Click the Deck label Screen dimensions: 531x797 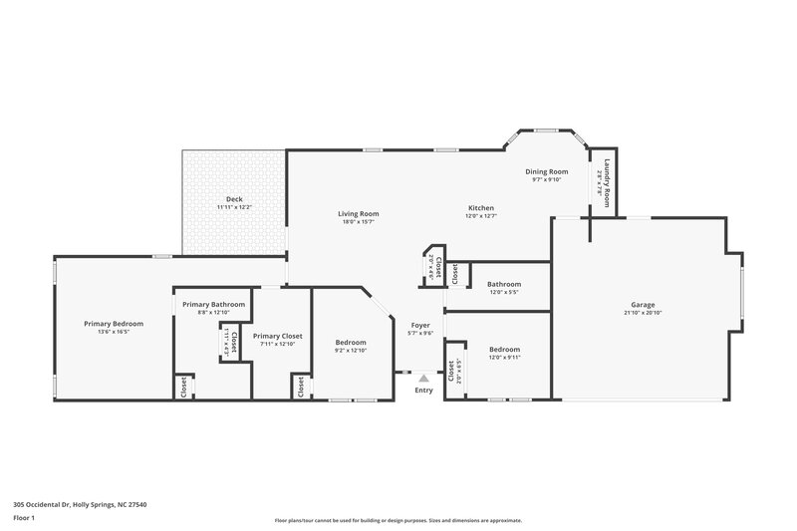tap(234, 199)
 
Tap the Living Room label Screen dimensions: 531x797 tap(358, 213)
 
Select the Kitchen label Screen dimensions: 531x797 tap(481, 208)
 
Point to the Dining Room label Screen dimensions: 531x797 tap(547, 171)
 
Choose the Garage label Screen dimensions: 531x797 tap(643, 305)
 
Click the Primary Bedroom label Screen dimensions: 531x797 tap(114, 324)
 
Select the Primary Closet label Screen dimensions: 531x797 tap(277, 337)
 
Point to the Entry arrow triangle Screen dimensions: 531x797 tap(423, 378)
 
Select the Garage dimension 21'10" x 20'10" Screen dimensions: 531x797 tap(643, 314)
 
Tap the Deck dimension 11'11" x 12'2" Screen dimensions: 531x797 tap(234, 207)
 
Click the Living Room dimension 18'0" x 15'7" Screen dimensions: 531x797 tap(358, 221)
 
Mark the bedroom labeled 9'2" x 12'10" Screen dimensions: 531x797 tap(351, 343)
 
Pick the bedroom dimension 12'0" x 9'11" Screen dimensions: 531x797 tap(504, 358)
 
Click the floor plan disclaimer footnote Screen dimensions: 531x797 tap(398, 520)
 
